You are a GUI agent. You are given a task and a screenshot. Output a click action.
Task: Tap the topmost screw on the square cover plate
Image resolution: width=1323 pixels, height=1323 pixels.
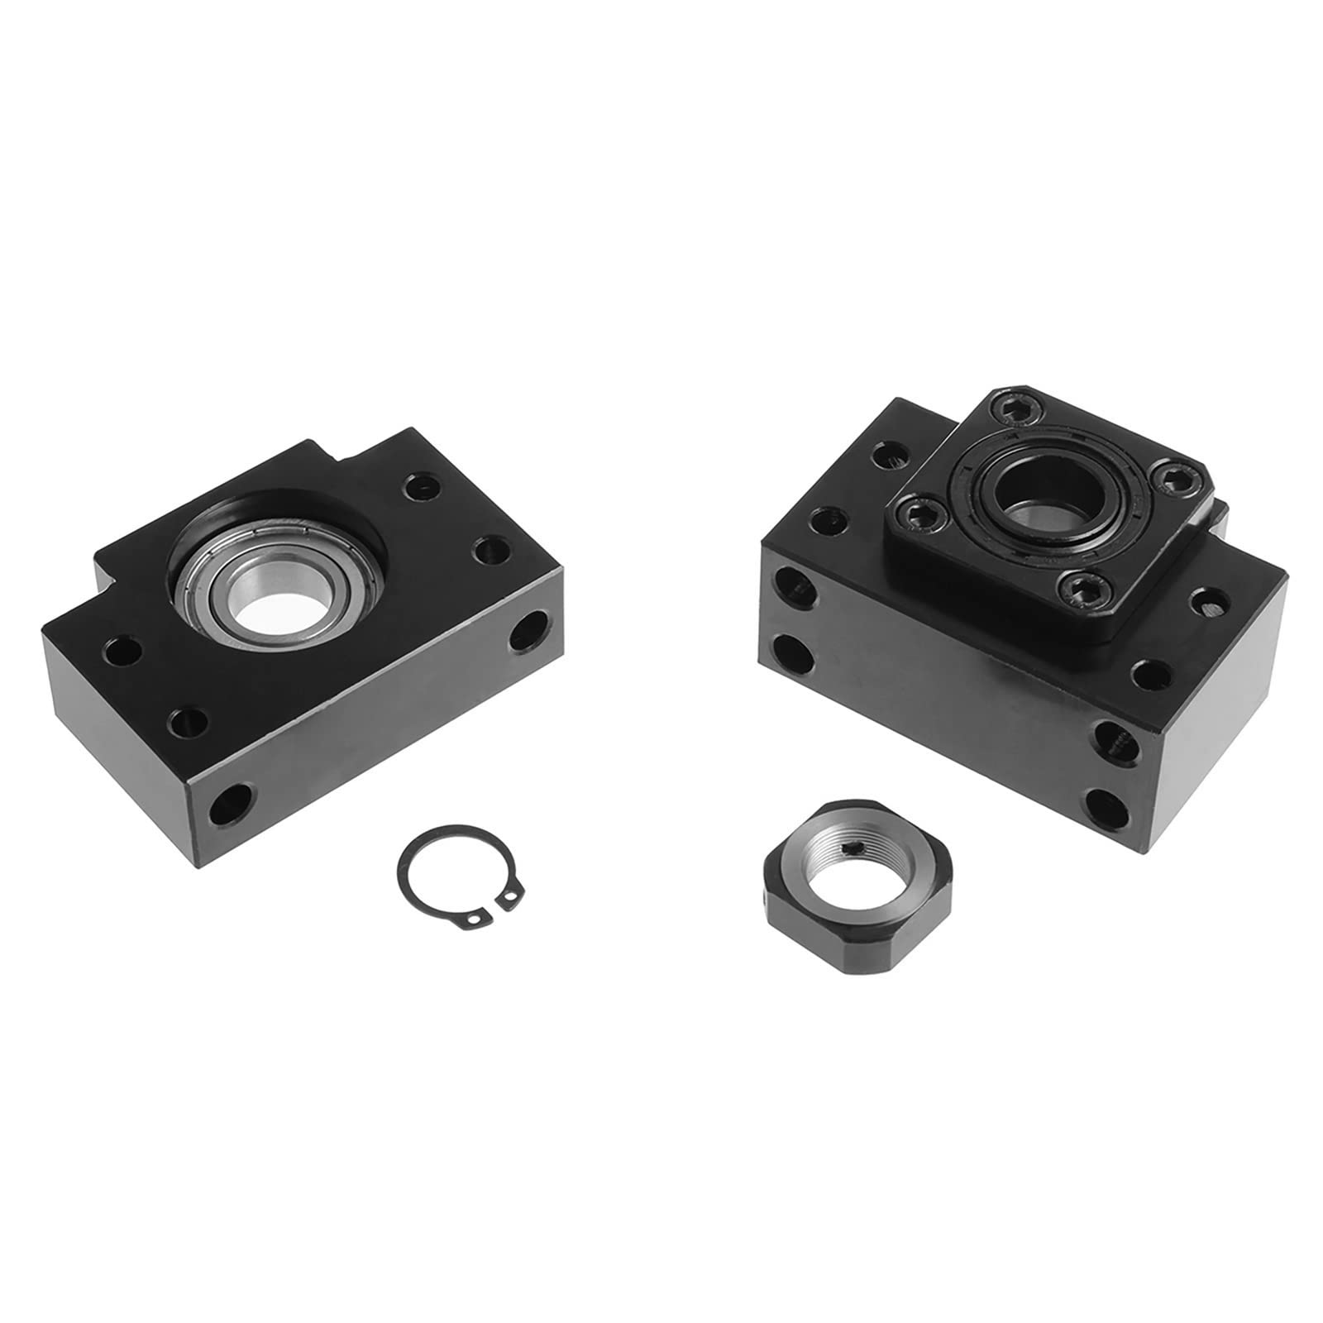[1006, 411]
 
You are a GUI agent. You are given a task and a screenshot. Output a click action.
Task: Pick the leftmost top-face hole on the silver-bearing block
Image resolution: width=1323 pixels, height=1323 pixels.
[122, 643]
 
